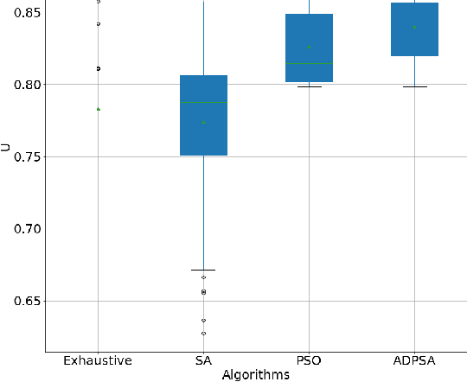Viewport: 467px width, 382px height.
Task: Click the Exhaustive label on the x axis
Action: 98,360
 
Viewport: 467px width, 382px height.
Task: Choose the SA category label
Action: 203,360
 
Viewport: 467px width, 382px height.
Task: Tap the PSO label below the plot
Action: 309,360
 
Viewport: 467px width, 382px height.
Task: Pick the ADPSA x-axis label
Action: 414,360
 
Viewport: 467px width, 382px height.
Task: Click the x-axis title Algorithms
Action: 256,374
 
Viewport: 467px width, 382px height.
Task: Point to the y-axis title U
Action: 6,148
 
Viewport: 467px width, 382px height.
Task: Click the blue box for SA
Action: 203,130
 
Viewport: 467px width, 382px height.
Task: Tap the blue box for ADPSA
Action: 414,35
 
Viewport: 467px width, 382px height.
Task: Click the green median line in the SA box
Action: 203,102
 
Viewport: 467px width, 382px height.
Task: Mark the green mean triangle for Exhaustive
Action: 98,109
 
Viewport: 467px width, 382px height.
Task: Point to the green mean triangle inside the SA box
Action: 203,122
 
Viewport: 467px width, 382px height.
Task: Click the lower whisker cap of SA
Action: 203,270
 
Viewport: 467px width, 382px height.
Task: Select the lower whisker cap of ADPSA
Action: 414,86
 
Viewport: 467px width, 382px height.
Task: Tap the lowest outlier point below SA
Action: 203,333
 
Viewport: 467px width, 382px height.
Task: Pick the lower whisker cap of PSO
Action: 309,86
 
